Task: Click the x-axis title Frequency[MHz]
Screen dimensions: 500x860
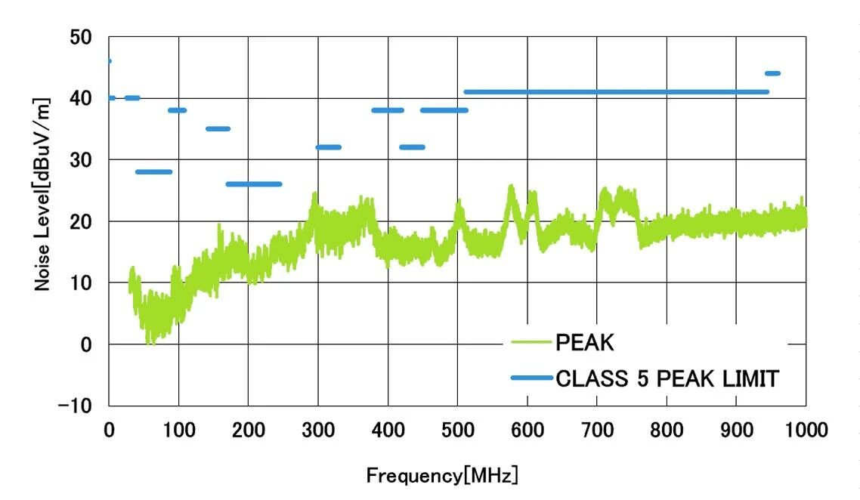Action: (442, 477)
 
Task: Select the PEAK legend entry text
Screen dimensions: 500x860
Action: (584, 344)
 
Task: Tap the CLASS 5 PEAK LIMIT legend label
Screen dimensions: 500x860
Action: (667, 378)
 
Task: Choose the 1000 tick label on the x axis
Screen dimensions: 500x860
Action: (805, 431)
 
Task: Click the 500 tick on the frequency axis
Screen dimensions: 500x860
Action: (457, 431)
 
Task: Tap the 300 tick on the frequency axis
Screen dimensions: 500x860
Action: (317, 431)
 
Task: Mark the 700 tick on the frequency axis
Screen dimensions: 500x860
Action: (597, 431)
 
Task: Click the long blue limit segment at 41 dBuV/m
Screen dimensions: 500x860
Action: (616, 92)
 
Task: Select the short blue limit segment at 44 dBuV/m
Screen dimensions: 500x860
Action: (772, 73)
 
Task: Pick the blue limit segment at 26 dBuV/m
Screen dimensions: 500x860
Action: (254, 184)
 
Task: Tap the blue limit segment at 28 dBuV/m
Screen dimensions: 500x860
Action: (153, 172)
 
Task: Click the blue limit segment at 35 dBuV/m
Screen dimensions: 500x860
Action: (218, 129)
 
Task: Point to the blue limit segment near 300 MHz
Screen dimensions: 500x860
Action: (328, 147)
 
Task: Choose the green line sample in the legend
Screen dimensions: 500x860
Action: (532, 344)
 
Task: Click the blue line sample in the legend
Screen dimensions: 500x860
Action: (532, 378)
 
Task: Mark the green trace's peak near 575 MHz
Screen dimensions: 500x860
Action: (511, 187)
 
